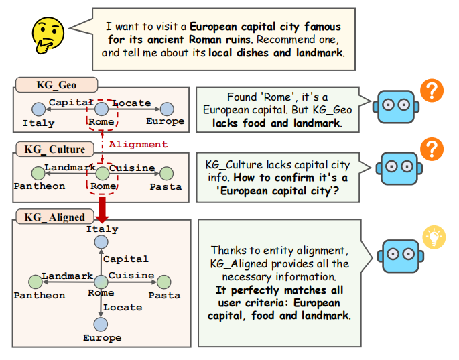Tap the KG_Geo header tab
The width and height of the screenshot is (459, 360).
coord(56,85)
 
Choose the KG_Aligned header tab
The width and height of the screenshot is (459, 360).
coord(56,217)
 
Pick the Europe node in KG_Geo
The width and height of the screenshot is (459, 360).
coord(166,109)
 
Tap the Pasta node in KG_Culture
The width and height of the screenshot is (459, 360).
coord(166,173)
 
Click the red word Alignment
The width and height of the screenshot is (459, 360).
coord(138,144)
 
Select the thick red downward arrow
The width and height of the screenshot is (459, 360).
coord(102,208)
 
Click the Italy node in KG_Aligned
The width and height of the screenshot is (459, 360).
coord(101,241)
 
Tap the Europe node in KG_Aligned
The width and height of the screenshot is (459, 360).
coord(101,324)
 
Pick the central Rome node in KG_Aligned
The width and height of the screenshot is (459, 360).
coord(101,282)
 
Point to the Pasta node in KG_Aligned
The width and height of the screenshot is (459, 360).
coord(165,282)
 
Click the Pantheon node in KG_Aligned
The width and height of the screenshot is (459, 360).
coord(38,282)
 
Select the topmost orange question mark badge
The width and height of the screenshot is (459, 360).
coord(433,91)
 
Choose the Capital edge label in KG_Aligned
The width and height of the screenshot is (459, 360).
coord(126,259)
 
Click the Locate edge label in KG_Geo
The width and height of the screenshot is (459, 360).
coord(131,103)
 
